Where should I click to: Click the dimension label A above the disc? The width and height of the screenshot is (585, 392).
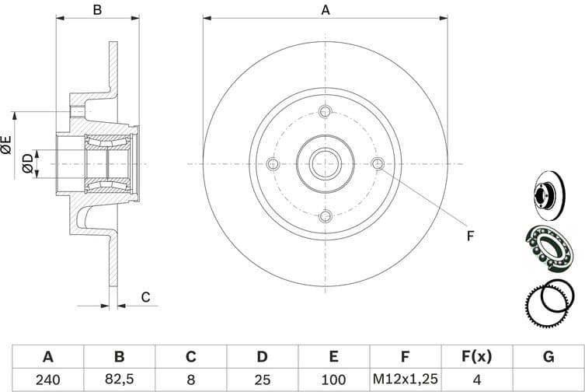click(326, 9)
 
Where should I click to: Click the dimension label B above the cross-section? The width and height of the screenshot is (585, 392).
click(97, 9)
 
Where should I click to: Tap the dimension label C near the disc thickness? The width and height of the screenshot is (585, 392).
click(145, 296)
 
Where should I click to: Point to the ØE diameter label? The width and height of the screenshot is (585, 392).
click(7, 144)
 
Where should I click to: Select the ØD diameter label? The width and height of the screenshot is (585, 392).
click(28, 163)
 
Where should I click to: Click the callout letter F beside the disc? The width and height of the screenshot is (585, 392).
click(469, 235)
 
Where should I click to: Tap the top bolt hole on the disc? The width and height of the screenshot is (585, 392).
click(326, 111)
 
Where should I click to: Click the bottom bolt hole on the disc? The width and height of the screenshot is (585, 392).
click(326, 216)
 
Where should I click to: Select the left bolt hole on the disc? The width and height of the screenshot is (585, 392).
click(273, 164)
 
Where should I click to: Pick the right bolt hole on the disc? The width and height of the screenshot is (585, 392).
click(378, 164)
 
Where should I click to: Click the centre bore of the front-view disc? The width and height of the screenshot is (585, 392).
click(326, 164)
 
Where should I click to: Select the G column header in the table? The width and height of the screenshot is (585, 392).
click(548, 358)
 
